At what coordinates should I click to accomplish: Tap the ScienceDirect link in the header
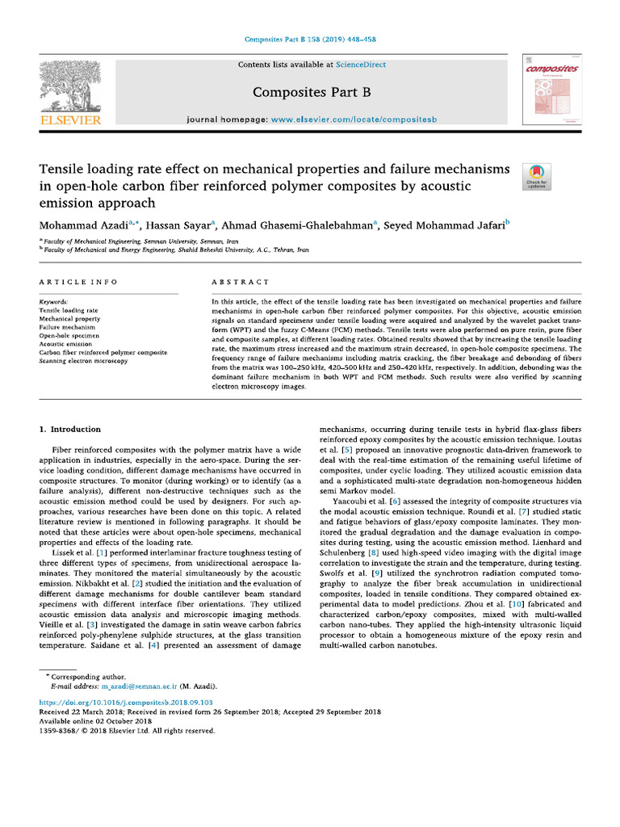click(x=362, y=65)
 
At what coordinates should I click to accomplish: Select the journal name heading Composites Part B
click(x=310, y=92)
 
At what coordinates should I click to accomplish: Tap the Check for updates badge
click(x=538, y=176)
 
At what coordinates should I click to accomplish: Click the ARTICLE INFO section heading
click(x=78, y=282)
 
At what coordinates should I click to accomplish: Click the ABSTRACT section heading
click(x=241, y=282)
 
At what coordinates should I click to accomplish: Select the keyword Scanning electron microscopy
click(x=84, y=361)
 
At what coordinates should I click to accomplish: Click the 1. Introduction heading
click(x=71, y=429)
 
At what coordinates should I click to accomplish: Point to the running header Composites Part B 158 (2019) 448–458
click(x=310, y=39)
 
